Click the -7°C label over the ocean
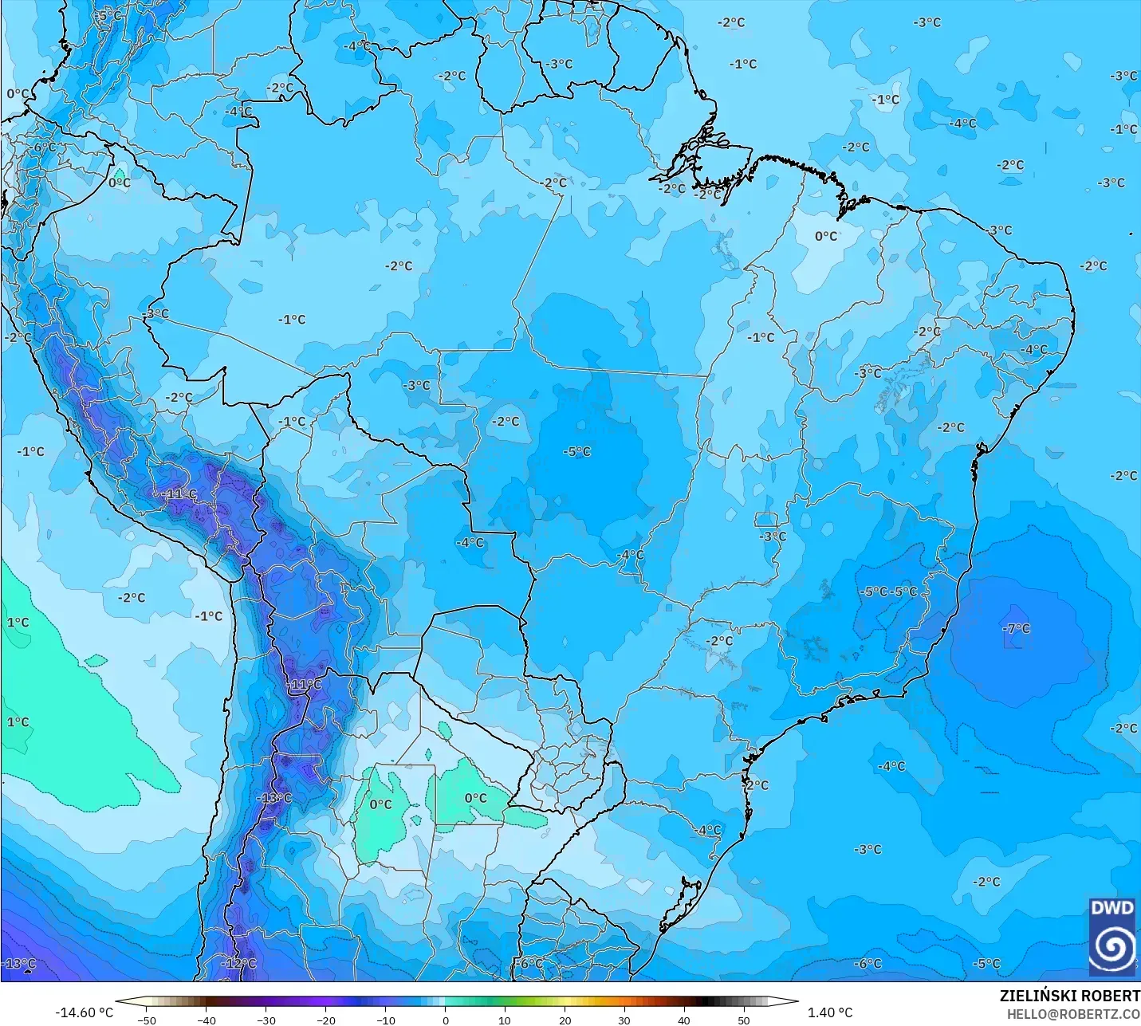coord(1016,628)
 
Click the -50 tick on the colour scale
coord(147,1020)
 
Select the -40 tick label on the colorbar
coord(207,1020)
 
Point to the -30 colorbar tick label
coord(266,1020)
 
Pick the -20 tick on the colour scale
coord(326,1020)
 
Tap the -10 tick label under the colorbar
coord(386,1020)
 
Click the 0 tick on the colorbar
coord(446,1020)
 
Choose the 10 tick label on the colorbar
coord(505,1020)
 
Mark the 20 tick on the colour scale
coord(565,1020)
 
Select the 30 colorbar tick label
coord(624,1020)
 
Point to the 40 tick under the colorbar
coord(684,1020)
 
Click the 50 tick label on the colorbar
coord(744,1020)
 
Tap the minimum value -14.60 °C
coord(84,1012)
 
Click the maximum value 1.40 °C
coord(830,1012)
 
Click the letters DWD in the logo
coord(1111,908)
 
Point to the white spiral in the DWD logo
coord(1111,946)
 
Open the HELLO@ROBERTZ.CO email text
coord(1073,1014)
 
